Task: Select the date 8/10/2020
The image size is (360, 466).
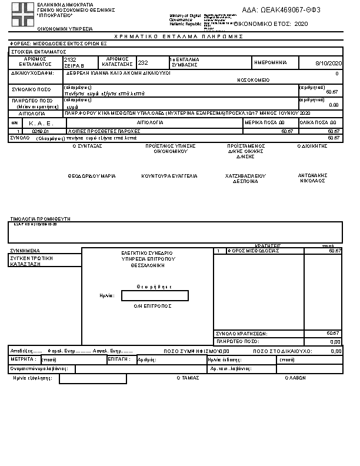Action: [328, 63]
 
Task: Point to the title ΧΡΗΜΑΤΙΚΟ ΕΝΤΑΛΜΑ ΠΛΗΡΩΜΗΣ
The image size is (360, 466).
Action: [179, 36]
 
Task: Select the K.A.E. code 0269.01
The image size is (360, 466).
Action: [41, 131]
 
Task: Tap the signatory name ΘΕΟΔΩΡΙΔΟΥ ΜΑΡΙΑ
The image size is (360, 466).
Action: [91, 176]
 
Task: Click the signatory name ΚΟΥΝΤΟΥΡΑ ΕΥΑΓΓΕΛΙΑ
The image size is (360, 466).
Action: [169, 176]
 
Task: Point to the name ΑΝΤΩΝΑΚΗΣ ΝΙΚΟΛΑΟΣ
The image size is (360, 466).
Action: [312, 178]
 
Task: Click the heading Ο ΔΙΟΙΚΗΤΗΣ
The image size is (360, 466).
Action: [312, 145]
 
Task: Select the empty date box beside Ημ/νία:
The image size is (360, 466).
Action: [155, 295]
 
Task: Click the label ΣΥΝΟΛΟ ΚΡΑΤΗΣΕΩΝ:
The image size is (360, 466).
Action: [242, 334]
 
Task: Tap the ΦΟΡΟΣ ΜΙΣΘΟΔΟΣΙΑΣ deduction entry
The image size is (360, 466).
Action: [254, 251]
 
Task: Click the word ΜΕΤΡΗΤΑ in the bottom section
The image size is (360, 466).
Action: [24, 358]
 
